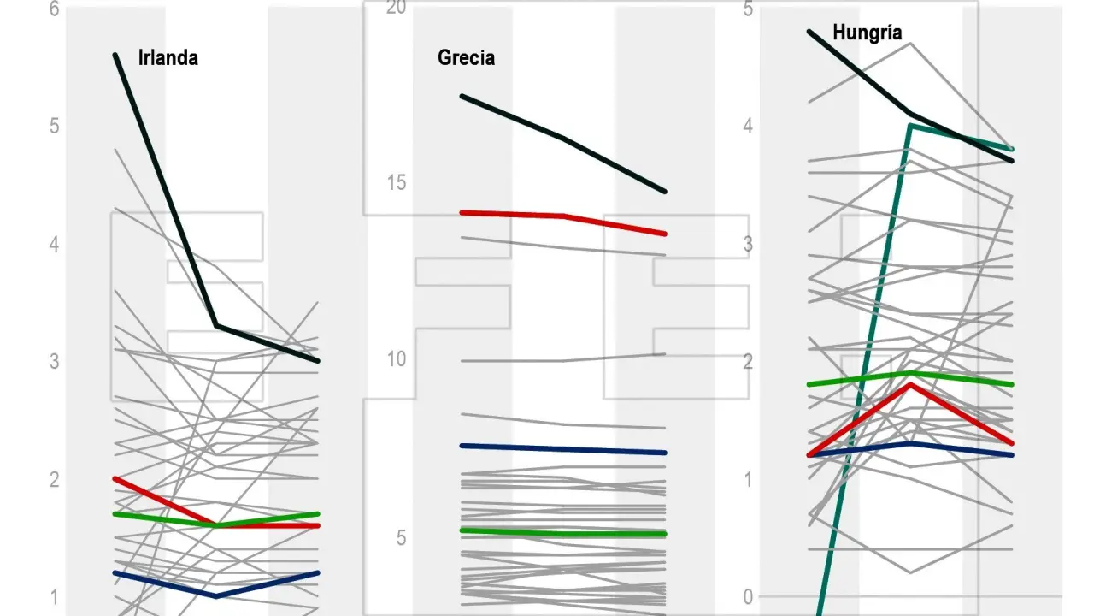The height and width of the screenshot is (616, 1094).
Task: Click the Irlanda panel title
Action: [168, 58]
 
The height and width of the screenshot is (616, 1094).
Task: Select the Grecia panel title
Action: [466, 58]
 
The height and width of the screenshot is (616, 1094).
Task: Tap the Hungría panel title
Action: [867, 33]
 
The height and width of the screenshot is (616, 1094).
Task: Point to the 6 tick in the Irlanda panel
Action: [55, 9]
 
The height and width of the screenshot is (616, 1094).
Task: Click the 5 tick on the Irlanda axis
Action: [55, 127]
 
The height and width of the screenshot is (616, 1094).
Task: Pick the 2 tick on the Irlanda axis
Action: [55, 479]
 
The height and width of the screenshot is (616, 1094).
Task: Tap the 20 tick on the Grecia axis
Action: [395, 8]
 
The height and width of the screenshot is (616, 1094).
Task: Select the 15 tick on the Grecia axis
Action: [395, 184]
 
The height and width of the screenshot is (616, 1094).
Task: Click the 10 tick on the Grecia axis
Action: [395, 359]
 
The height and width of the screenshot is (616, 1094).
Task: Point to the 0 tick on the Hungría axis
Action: [749, 596]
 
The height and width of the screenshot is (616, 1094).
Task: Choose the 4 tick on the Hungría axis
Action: [749, 127]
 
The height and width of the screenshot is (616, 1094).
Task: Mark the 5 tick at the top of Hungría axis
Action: [749, 9]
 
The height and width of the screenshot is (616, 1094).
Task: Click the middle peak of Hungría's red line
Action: [911, 384]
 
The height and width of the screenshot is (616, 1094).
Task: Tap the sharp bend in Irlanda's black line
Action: [217, 325]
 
